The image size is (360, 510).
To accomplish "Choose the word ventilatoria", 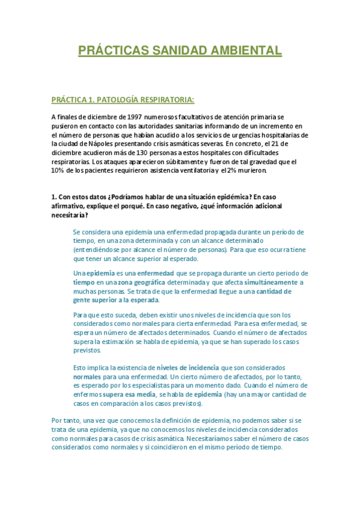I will pyautogui.click(x=191, y=170).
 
